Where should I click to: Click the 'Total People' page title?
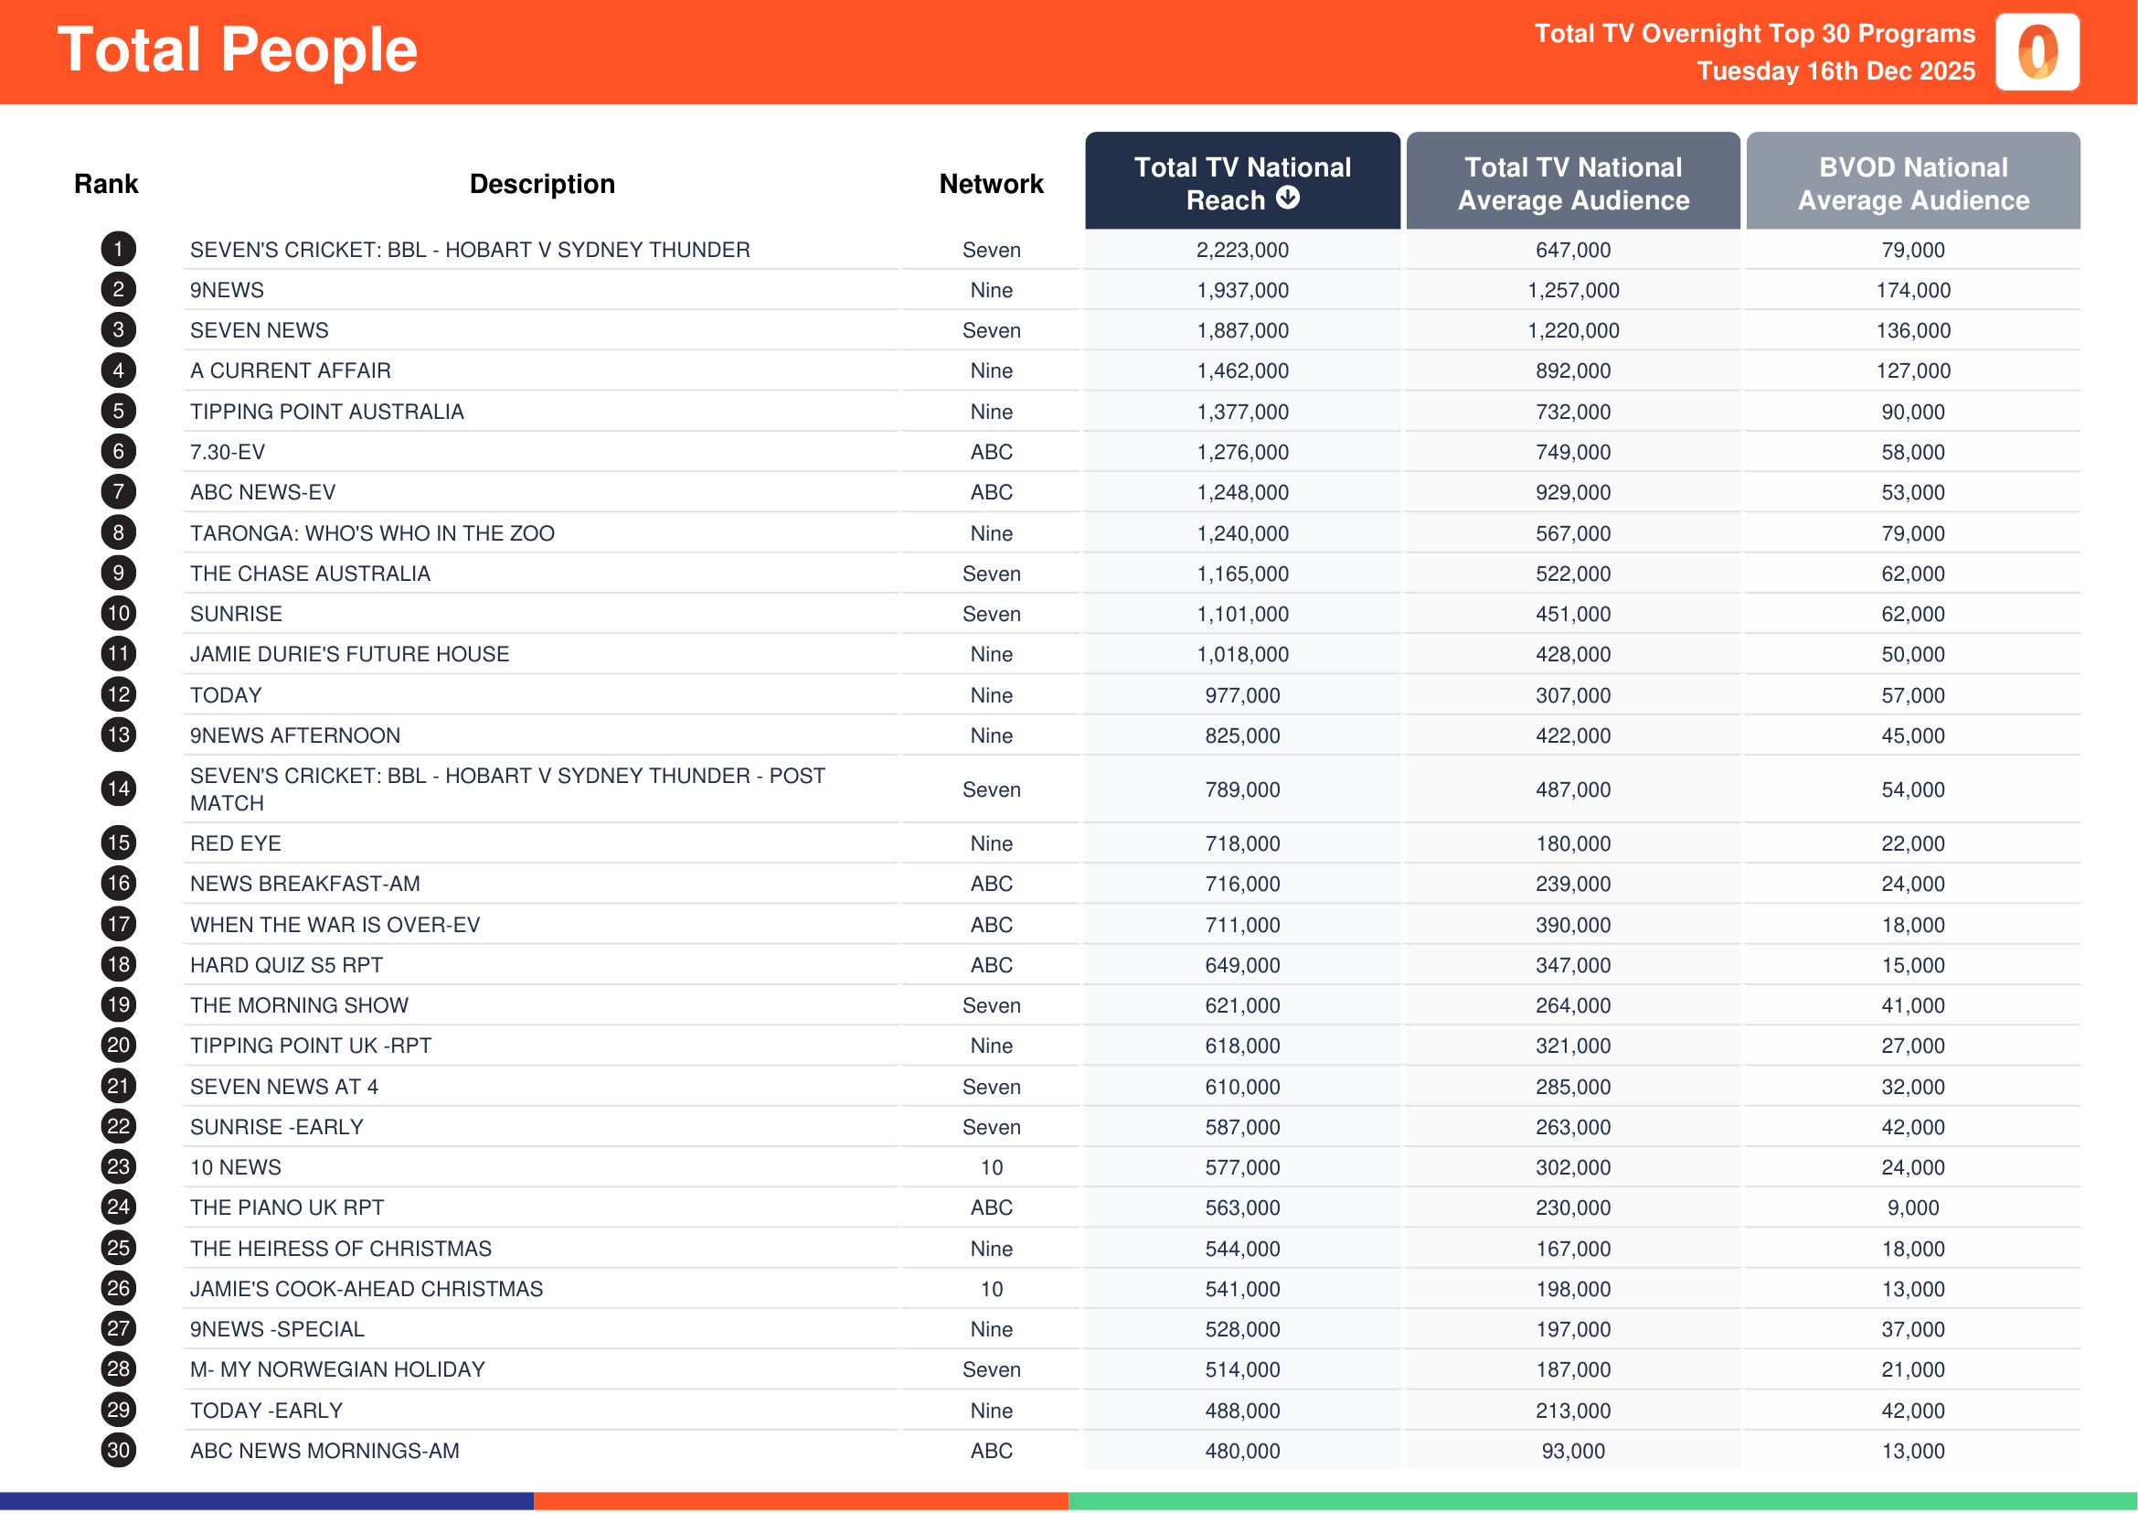click(x=238, y=50)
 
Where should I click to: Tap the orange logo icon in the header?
click(x=2037, y=52)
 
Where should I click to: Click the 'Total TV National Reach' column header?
click(x=1241, y=183)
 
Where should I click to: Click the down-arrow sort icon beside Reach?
click(x=1287, y=198)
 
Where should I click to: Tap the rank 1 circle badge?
click(x=118, y=250)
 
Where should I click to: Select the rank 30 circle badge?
click(x=118, y=1451)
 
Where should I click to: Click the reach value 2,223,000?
click(x=1242, y=251)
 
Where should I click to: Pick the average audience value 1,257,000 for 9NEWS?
click(x=1573, y=291)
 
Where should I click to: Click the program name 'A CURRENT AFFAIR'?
click(x=291, y=370)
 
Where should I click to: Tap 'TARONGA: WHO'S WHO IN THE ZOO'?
click(x=371, y=534)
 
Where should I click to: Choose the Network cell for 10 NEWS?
click(x=991, y=1167)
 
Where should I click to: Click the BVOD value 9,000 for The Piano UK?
click(x=1912, y=1208)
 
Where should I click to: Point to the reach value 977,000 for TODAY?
click(x=1242, y=696)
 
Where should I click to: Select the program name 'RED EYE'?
click(x=236, y=844)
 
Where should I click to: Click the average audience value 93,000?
click(x=1573, y=1452)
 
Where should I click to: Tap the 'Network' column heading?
click(x=991, y=185)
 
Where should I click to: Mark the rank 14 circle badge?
click(x=118, y=790)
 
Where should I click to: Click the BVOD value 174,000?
click(x=1912, y=291)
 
